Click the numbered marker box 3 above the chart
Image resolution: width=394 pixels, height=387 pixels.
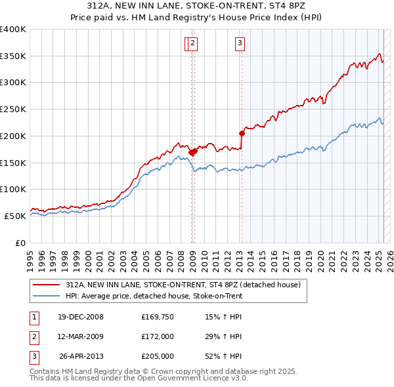(x=240, y=44)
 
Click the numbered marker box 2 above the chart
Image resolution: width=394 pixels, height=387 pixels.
(x=192, y=44)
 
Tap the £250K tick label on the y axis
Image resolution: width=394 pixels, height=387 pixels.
(x=14, y=109)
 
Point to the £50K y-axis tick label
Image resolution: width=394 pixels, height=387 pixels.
(x=16, y=216)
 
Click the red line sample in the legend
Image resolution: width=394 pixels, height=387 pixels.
(x=46, y=285)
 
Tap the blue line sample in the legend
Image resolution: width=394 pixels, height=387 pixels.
(x=46, y=296)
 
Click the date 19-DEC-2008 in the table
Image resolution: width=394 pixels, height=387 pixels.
(x=81, y=317)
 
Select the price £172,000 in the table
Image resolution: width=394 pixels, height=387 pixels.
(x=158, y=336)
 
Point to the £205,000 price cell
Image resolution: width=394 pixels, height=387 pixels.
(x=158, y=356)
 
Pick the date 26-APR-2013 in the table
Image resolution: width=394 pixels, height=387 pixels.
(x=81, y=356)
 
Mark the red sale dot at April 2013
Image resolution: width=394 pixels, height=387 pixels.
(x=242, y=133)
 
